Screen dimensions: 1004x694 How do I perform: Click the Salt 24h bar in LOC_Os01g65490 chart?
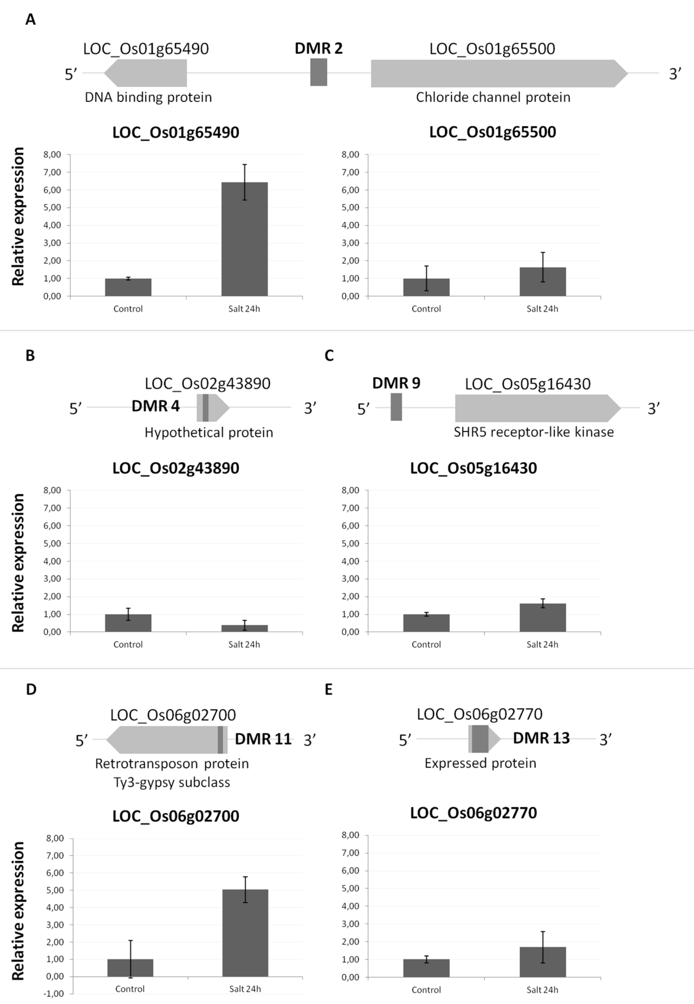point(244,239)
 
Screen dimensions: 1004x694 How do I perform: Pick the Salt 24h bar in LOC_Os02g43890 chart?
point(244,628)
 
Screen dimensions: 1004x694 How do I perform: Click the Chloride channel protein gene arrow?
point(496,73)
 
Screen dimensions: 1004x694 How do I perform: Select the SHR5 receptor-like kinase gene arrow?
point(535,408)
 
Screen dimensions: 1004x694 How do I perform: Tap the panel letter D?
point(31,689)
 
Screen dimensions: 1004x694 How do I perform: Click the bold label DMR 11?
point(263,739)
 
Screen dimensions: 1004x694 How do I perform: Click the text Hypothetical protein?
point(209,432)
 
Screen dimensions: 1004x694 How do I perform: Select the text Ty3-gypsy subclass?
point(172,783)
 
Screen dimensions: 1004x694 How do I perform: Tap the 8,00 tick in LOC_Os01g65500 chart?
point(351,155)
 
